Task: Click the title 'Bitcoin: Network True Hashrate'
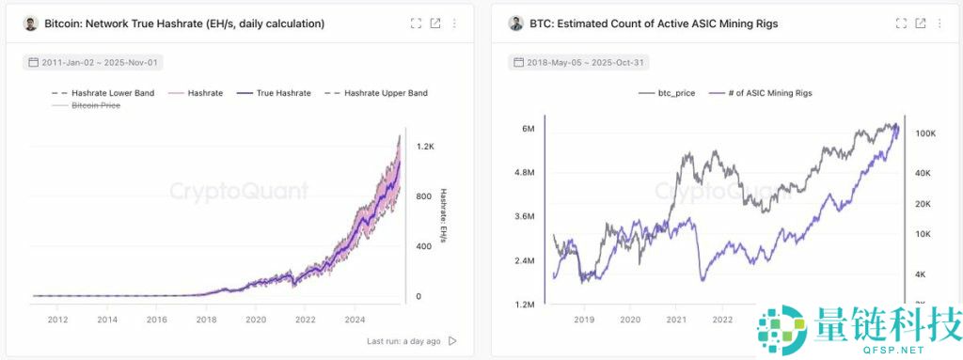tap(184, 23)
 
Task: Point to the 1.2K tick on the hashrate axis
tap(425, 148)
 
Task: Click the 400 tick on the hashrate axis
tap(424, 246)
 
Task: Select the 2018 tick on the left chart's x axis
tap(205, 320)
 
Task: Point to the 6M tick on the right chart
tap(528, 129)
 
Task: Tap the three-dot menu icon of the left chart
tap(454, 23)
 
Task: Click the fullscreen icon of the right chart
tap(901, 23)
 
